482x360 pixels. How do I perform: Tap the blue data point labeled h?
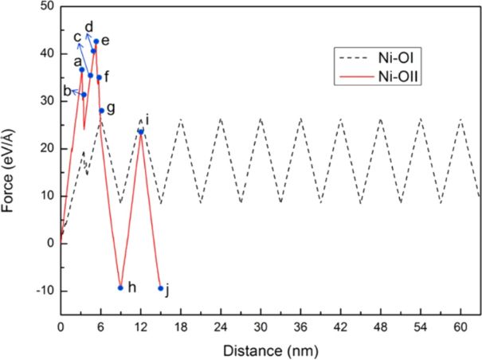pyautogui.click(x=120, y=288)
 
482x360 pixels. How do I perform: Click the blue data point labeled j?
pyautogui.click(x=160, y=288)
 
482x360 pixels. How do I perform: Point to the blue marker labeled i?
pyautogui.click(x=140, y=131)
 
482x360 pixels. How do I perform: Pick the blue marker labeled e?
pyautogui.click(x=96, y=41)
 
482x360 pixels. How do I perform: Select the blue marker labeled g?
pyautogui.click(x=101, y=111)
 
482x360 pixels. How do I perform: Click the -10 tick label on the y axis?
pyautogui.click(x=42, y=291)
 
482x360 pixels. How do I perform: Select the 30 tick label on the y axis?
pyautogui.click(x=45, y=101)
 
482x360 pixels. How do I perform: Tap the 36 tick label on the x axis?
pyautogui.click(x=300, y=327)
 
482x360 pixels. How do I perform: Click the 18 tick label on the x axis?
pyautogui.click(x=180, y=327)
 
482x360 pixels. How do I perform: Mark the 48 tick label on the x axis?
pyautogui.click(x=380, y=327)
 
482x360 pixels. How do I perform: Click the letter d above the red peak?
pyautogui.click(x=88, y=26)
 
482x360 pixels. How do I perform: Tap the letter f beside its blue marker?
pyautogui.click(x=107, y=77)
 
